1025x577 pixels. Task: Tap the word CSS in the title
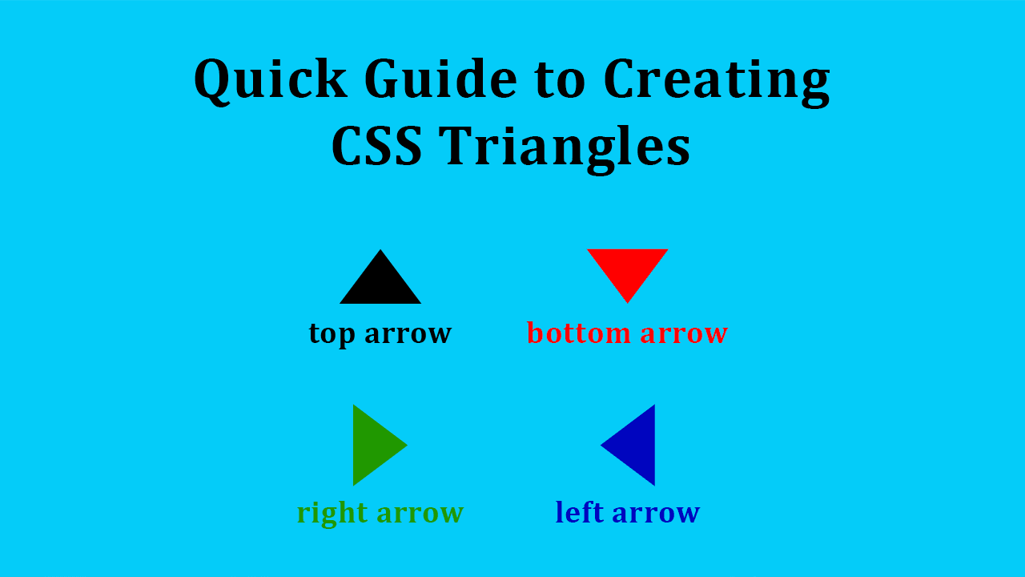pos(376,146)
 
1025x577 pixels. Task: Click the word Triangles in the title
pos(565,146)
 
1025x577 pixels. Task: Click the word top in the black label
pos(332,333)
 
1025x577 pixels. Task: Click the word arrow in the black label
pos(408,333)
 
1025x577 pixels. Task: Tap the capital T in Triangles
pos(456,146)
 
